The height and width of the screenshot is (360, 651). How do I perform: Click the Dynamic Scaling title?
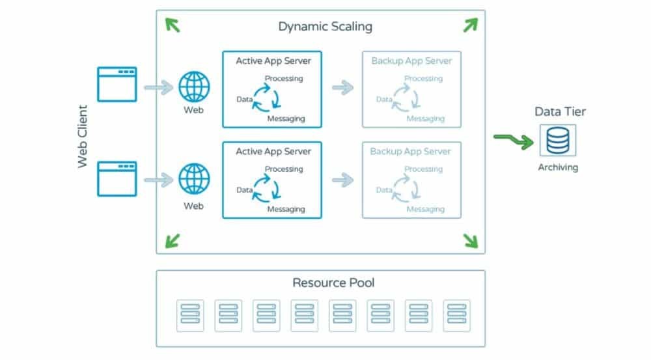[325, 27]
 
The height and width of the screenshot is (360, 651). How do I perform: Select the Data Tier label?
[560, 111]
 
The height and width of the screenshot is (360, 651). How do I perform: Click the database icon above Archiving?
[557, 140]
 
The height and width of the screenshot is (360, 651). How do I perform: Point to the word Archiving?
[557, 167]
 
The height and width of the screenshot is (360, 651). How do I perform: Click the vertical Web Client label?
[83, 137]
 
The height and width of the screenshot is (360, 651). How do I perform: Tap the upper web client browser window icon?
[117, 84]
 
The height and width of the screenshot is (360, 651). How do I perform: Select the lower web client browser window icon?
[117, 178]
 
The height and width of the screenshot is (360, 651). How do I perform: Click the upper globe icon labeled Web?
[194, 87]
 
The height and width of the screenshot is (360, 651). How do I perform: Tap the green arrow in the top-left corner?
[173, 25]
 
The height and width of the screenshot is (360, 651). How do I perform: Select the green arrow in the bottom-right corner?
[469, 240]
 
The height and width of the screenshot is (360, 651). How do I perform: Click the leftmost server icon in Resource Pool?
[190, 315]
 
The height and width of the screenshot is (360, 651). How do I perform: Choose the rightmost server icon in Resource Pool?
[456, 315]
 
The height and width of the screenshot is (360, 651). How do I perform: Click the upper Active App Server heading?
[273, 61]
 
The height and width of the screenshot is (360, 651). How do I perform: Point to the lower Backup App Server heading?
[410, 152]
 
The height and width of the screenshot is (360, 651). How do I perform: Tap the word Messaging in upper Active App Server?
[286, 119]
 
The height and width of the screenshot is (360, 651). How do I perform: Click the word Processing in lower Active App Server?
[283, 169]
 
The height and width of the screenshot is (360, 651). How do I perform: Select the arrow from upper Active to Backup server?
[342, 88]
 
